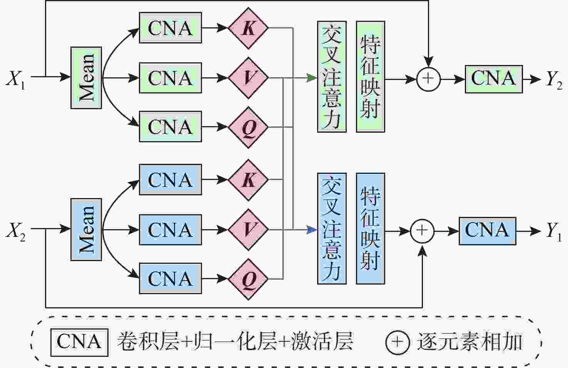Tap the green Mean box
click(x=86, y=78)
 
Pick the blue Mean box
click(x=86, y=230)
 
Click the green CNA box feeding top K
click(x=170, y=28)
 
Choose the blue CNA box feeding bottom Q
click(x=170, y=278)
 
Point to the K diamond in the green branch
click(x=248, y=28)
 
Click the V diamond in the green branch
click(x=248, y=78)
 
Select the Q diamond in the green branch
click(x=248, y=127)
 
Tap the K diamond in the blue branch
click(x=248, y=180)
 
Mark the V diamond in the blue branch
click(x=248, y=230)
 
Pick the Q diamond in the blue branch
click(x=248, y=279)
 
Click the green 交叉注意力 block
click(x=332, y=77)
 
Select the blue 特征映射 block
click(x=370, y=228)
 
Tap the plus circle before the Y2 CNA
click(x=428, y=79)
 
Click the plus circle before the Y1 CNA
click(x=422, y=231)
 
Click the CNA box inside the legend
click(x=79, y=342)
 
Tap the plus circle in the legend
click(x=397, y=342)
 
